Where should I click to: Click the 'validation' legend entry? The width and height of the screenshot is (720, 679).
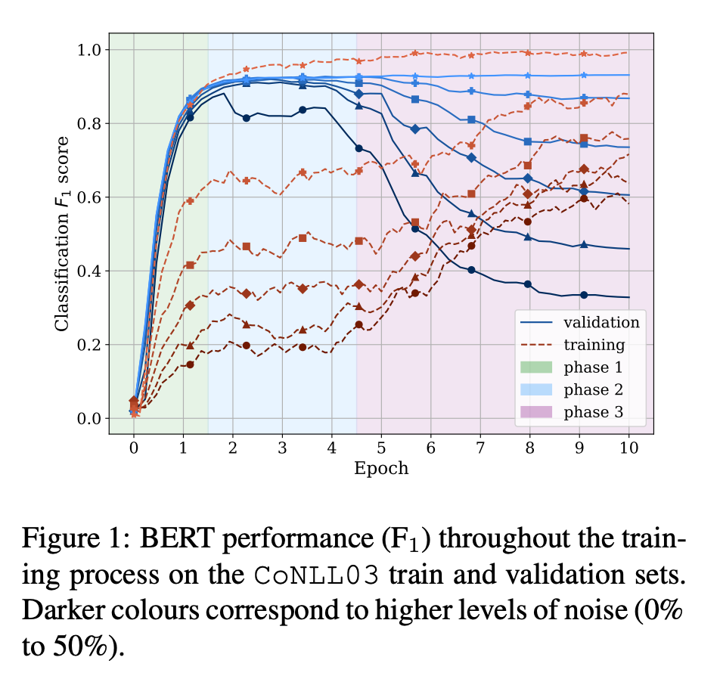pyautogui.click(x=601, y=322)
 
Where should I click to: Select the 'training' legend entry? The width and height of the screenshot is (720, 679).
pyautogui.click(x=594, y=345)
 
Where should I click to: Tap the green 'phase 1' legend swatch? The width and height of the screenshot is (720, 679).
pyautogui.click(x=536, y=367)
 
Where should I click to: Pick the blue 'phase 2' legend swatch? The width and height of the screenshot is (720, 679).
pyautogui.click(x=536, y=390)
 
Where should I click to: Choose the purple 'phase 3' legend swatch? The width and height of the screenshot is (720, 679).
pyautogui.click(x=536, y=412)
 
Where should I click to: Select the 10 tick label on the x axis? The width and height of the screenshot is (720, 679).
pyautogui.click(x=628, y=448)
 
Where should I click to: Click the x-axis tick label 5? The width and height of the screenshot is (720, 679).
pyautogui.click(x=381, y=448)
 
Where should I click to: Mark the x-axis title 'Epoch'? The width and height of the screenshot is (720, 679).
pyautogui.click(x=381, y=468)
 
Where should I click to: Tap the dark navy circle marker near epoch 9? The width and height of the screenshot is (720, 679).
pyautogui.click(x=584, y=295)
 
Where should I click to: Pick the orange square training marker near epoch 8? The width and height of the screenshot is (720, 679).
pyautogui.click(x=528, y=165)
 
